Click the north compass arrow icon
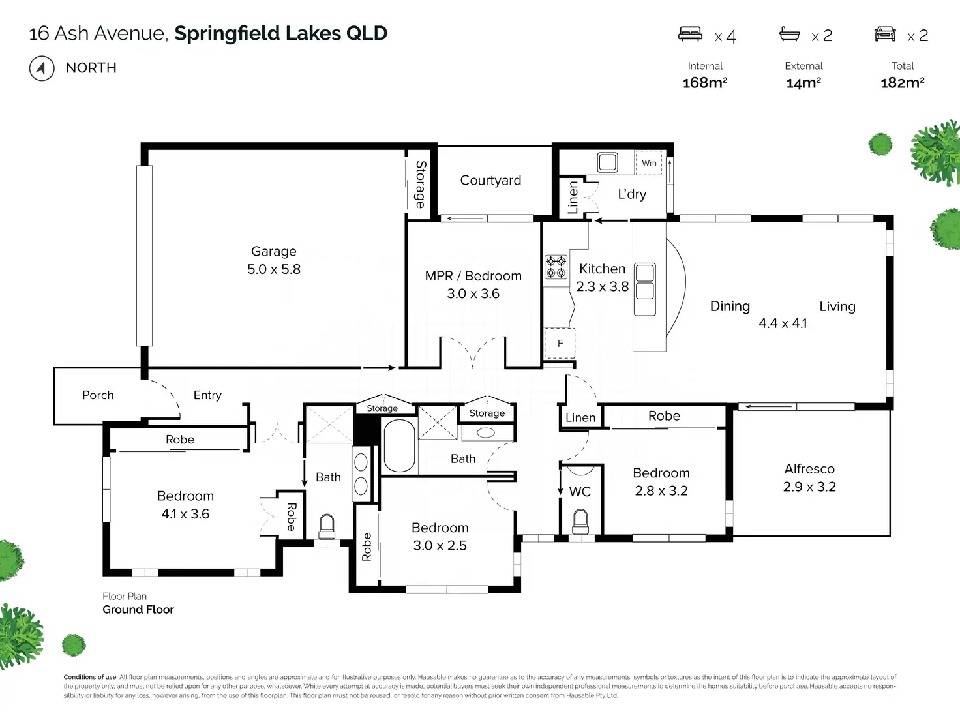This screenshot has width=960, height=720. (x=42, y=68)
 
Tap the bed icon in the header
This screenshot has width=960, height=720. (x=690, y=34)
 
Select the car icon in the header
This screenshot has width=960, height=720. (x=885, y=34)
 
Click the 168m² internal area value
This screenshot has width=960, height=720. (x=704, y=83)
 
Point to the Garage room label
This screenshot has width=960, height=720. (x=274, y=251)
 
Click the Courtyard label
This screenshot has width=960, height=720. (x=490, y=180)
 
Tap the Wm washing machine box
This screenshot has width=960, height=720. (x=649, y=162)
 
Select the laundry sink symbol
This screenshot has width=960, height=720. (x=607, y=162)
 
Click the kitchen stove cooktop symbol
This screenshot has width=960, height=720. (x=556, y=267)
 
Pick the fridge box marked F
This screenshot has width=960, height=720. (x=560, y=343)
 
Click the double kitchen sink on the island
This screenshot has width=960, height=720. (x=644, y=289)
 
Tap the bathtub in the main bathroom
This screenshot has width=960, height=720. (x=399, y=445)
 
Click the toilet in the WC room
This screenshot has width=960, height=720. (x=580, y=522)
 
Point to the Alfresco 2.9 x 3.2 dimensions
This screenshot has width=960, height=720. (x=809, y=487)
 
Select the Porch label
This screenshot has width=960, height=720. (x=98, y=395)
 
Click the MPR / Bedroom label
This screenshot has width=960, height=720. (x=473, y=276)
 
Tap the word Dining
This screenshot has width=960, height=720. (x=730, y=307)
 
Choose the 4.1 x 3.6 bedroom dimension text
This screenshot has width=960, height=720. (x=185, y=514)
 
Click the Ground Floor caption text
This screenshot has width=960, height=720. (x=138, y=609)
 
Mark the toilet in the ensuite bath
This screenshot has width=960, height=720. (x=327, y=527)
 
